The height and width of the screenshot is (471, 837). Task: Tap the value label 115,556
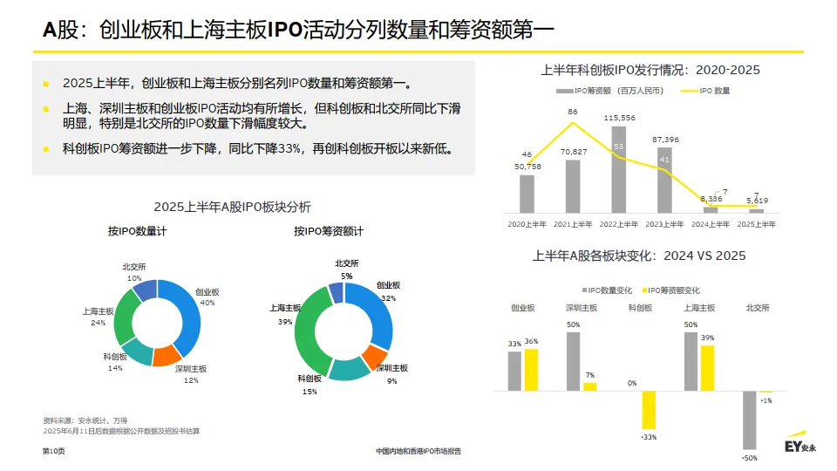point(618,118)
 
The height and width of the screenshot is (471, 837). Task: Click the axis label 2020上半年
point(527,224)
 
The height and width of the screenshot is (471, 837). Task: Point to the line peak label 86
point(573,112)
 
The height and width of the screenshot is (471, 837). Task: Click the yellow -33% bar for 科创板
point(648,409)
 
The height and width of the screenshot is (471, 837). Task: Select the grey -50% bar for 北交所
point(749,420)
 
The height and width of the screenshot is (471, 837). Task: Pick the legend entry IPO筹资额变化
point(672,290)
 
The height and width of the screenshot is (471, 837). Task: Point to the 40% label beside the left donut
point(208,303)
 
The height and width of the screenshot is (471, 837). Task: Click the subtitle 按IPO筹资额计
point(329,231)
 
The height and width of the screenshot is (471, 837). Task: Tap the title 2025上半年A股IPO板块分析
point(232,207)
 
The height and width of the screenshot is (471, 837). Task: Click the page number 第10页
point(54,451)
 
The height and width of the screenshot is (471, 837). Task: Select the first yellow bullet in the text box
point(46,85)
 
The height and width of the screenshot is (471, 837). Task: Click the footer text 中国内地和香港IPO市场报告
point(418,451)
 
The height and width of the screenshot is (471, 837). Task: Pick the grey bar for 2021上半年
point(573,187)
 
